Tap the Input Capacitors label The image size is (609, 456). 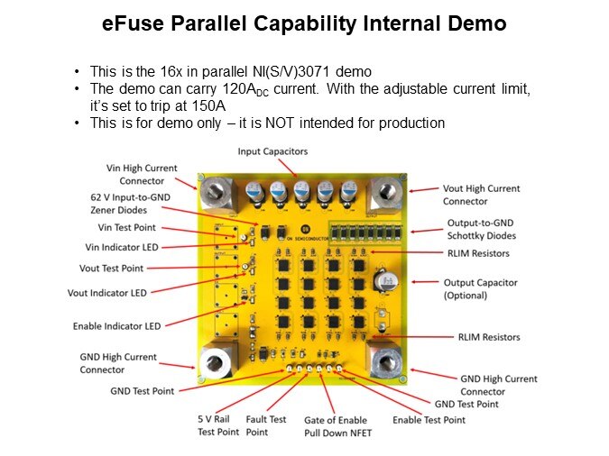(272, 151)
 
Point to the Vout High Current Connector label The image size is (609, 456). (481, 195)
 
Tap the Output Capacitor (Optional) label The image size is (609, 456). (480, 288)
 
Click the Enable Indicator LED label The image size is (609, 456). (116, 326)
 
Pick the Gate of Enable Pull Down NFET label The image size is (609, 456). (336, 426)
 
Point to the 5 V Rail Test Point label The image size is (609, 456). (218, 425)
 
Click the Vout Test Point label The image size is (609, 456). (130, 269)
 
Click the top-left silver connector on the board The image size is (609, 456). (216, 193)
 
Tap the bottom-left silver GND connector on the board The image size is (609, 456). (217, 361)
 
